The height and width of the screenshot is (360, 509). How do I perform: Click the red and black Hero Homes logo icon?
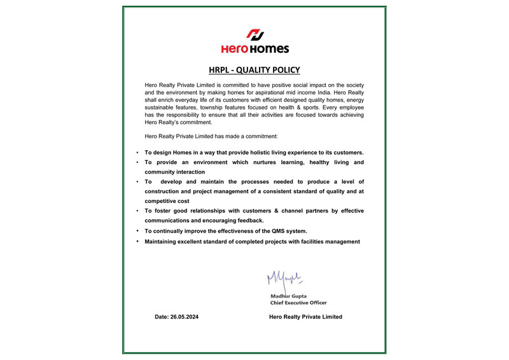254,34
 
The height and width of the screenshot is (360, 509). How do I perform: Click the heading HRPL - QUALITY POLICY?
254,70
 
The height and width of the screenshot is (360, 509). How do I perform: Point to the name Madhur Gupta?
289,296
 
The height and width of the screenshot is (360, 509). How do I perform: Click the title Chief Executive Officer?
298,303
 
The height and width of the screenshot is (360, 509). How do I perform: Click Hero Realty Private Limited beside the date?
305,317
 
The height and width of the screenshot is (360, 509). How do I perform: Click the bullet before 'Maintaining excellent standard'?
138,242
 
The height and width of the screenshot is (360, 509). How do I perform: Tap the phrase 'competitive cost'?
167,201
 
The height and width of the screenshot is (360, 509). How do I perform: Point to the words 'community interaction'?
175,172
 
